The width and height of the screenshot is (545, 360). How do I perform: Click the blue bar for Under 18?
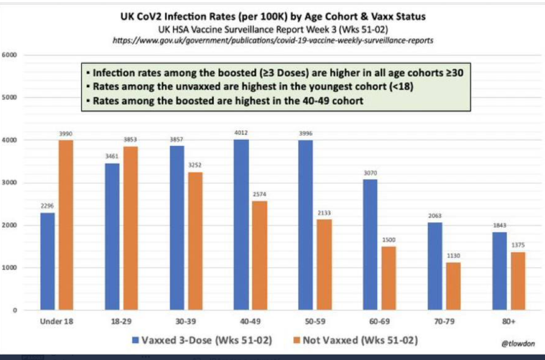pos(47,261)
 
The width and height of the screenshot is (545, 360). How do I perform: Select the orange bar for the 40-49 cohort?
pos(259,255)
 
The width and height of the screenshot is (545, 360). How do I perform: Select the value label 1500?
pos(388,240)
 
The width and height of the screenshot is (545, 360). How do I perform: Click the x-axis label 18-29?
pos(121,322)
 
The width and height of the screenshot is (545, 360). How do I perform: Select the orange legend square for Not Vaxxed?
pos(296,340)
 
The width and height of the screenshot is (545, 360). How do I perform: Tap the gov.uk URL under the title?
pos(273,40)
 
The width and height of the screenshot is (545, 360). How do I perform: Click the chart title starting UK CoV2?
pos(273,17)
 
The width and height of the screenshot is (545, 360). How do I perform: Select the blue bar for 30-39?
pos(177,228)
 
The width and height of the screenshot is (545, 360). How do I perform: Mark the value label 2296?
pos(47,206)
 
